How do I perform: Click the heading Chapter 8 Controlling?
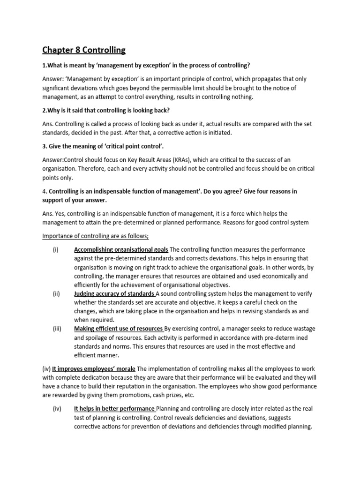pyautogui.click(x=84, y=50)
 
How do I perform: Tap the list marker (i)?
pyautogui.click(x=56, y=249)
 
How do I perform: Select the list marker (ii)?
pyautogui.click(x=56, y=294)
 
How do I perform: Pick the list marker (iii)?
pyautogui.click(x=57, y=329)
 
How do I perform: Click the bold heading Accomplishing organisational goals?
pyautogui.click(x=121, y=249)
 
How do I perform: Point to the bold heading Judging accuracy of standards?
pyautogui.click(x=114, y=294)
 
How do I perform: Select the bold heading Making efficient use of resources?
pyautogui.click(x=119, y=329)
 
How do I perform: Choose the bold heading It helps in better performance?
pyautogui.click(x=114, y=409)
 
